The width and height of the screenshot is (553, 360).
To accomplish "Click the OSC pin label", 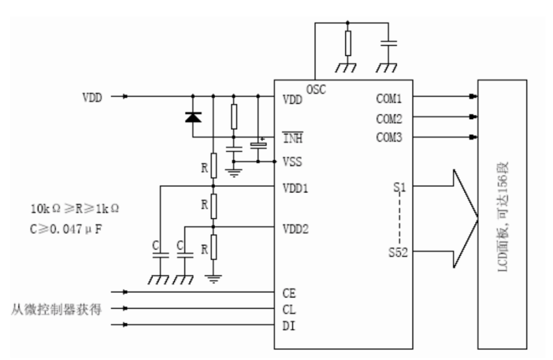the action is pos(316,90).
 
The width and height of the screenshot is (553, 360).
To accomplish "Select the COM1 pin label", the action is pos(389,98).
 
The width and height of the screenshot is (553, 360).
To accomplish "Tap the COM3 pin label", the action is pos(389,137).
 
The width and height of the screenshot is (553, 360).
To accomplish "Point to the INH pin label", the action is pos(293,138).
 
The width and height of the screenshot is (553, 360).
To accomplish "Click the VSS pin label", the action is pos(292,162).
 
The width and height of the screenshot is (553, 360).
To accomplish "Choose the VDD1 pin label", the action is pos(295,188).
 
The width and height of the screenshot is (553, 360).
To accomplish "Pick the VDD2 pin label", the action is pos(295,229).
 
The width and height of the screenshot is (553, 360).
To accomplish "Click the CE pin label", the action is pos(289,293).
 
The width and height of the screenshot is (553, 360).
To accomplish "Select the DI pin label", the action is pos(289,326).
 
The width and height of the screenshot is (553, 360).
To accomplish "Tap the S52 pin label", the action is pos(398,252).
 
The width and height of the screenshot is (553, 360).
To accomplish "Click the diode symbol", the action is pos(193,117).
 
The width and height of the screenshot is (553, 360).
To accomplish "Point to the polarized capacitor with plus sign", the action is pos(258,145).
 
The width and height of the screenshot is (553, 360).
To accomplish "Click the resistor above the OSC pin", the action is pos(348,43).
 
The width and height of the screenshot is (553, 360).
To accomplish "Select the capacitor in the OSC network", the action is pos(389,43).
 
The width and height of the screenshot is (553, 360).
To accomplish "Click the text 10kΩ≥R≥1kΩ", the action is pos(75,209).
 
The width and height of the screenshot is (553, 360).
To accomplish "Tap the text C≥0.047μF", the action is pos(66,230).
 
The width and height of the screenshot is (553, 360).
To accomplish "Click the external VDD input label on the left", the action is pos(92,97).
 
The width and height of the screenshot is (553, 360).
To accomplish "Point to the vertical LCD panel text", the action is pos(502,216).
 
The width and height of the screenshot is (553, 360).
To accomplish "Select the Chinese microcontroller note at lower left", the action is pos(57,309).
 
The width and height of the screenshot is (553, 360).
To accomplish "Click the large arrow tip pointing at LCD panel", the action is pos(478,219).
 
